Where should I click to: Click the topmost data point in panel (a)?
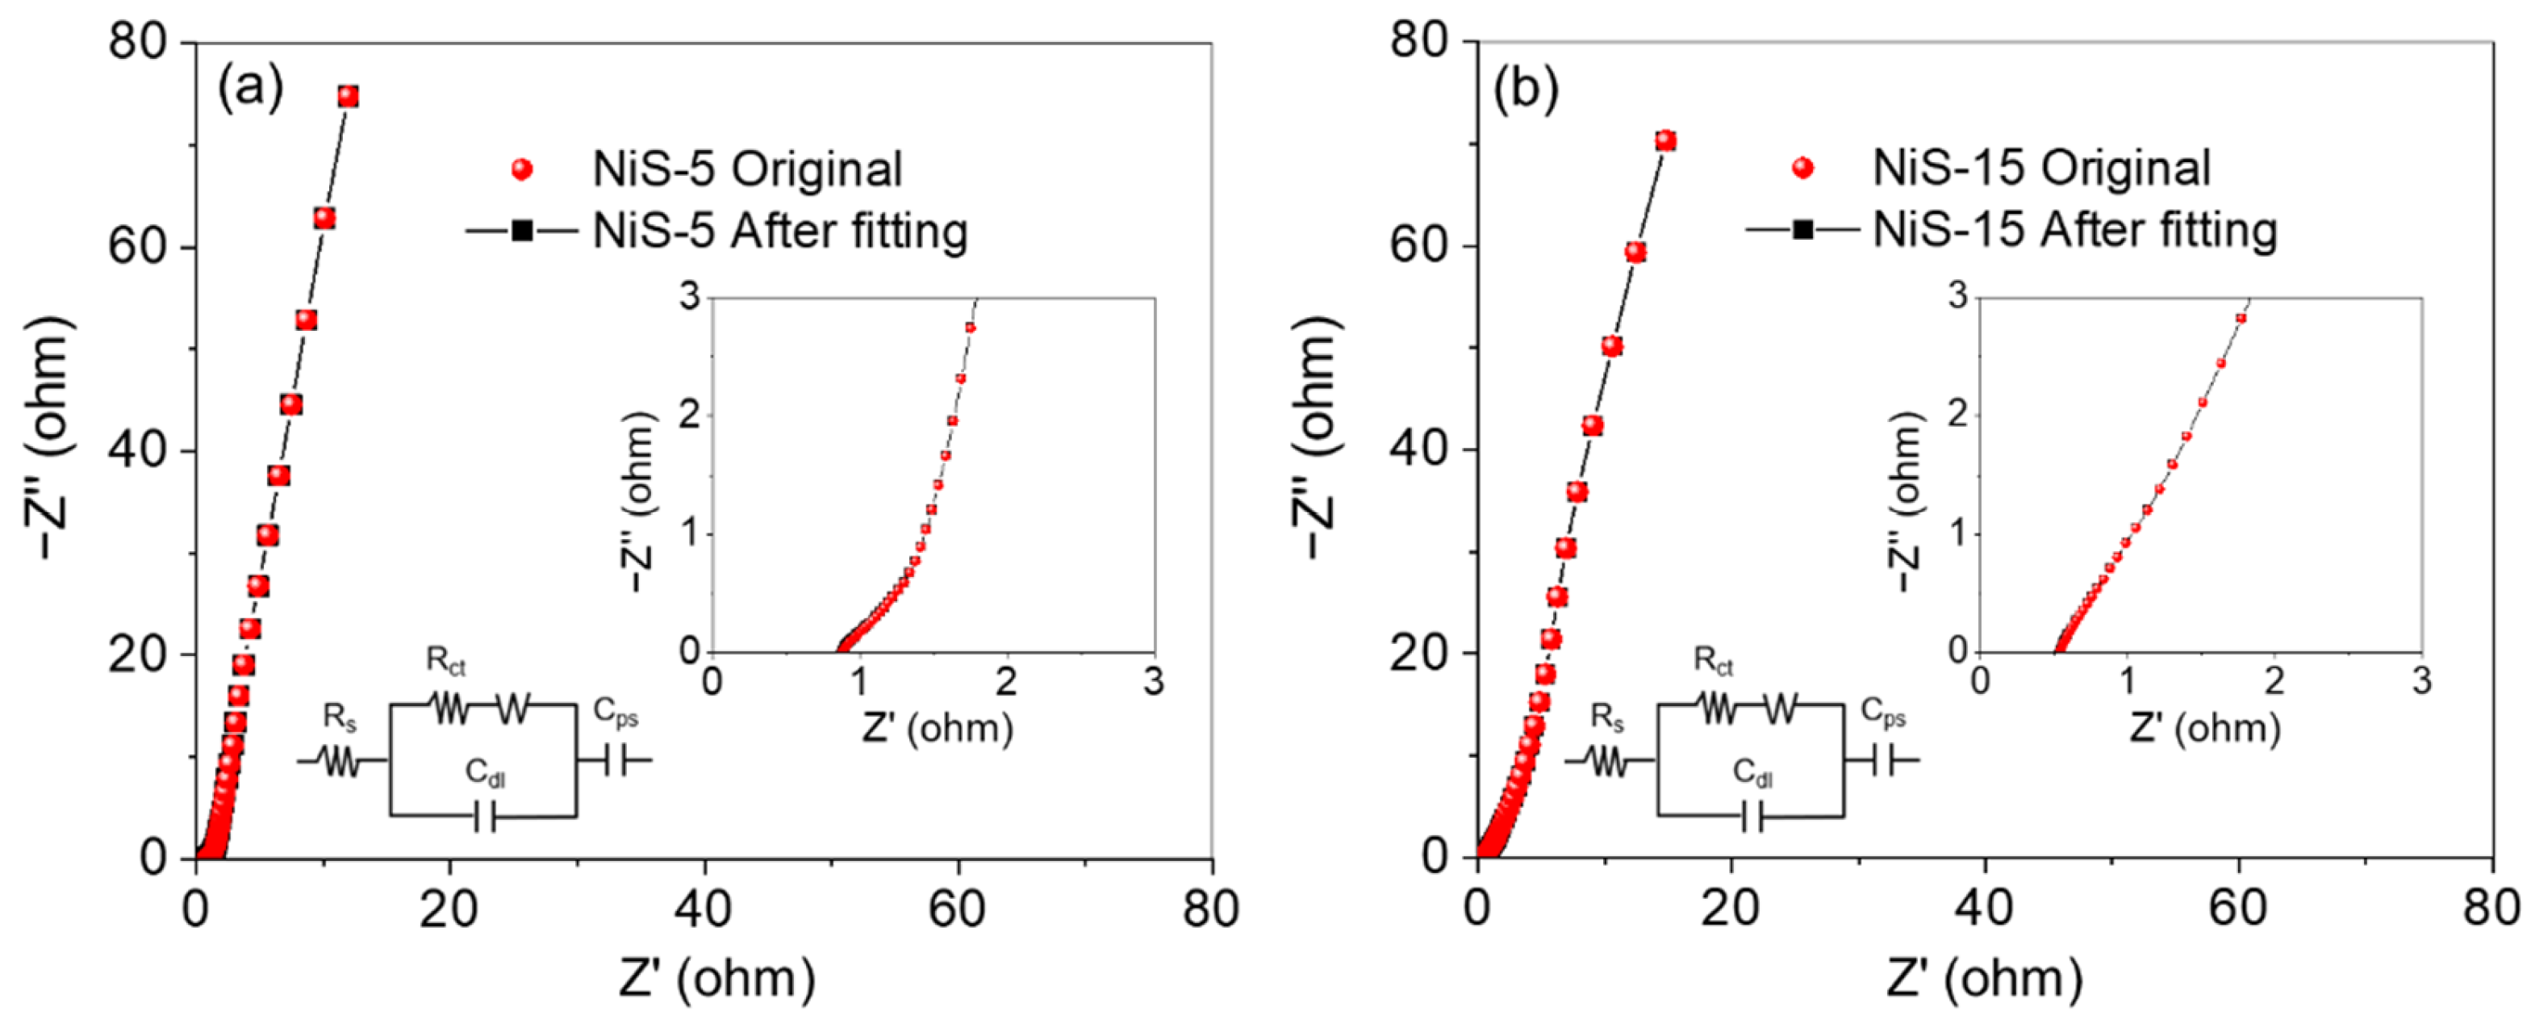pyautogui.click(x=348, y=96)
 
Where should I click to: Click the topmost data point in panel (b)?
pyautogui.click(x=1664, y=140)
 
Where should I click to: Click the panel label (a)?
pyautogui.click(x=251, y=89)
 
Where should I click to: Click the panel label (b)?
pyautogui.click(x=1525, y=89)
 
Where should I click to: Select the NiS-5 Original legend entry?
pyautogui.click(x=747, y=169)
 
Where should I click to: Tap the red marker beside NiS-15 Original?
pyautogui.click(x=1802, y=168)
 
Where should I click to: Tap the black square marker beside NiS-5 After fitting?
pyautogui.click(x=522, y=231)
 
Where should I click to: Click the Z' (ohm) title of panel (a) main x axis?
pyautogui.click(x=717, y=980)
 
